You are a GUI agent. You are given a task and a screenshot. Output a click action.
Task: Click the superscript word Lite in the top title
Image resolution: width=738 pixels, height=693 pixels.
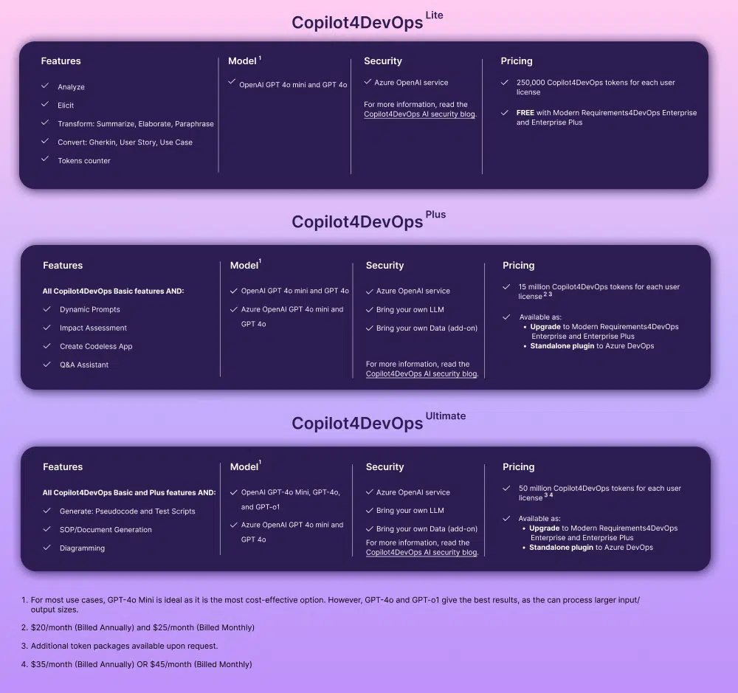(434, 15)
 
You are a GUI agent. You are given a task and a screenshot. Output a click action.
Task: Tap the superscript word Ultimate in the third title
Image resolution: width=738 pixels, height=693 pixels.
(445, 416)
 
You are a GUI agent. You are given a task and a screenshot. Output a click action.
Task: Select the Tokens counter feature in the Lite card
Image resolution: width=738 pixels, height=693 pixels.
(84, 161)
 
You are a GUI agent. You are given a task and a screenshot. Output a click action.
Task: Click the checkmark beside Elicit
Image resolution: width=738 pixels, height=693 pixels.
(45, 104)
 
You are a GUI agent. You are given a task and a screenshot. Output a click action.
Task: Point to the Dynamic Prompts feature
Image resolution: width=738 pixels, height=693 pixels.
(90, 309)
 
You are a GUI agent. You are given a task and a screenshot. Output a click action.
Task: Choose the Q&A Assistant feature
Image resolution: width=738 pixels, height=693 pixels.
(84, 365)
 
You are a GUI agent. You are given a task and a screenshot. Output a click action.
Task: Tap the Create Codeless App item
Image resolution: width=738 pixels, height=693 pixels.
(96, 346)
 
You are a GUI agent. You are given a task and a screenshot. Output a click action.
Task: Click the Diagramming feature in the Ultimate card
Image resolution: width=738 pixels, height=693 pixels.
(82, 548)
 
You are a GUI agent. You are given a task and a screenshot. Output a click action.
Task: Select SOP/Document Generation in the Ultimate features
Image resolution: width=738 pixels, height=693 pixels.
(106, 530)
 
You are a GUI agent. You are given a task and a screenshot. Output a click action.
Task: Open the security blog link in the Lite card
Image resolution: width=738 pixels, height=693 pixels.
(419, 114)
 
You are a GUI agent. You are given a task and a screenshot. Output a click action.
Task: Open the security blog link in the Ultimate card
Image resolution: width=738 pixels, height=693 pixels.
(421, 552)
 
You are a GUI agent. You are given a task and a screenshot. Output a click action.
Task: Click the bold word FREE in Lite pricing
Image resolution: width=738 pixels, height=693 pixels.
(525, 112)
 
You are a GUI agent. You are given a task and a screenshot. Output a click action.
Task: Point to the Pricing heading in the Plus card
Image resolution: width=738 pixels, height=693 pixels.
(518, 265)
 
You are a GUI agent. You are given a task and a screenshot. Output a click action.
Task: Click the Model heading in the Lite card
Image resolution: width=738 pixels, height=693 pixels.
(242, 61)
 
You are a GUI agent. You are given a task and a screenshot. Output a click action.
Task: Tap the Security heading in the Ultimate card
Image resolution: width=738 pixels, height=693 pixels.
(384, 466)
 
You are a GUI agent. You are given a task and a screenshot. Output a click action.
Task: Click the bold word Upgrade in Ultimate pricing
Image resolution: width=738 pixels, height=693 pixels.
(544, 528)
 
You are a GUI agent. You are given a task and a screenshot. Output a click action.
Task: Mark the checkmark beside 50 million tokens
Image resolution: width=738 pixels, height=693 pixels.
(506, 489)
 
